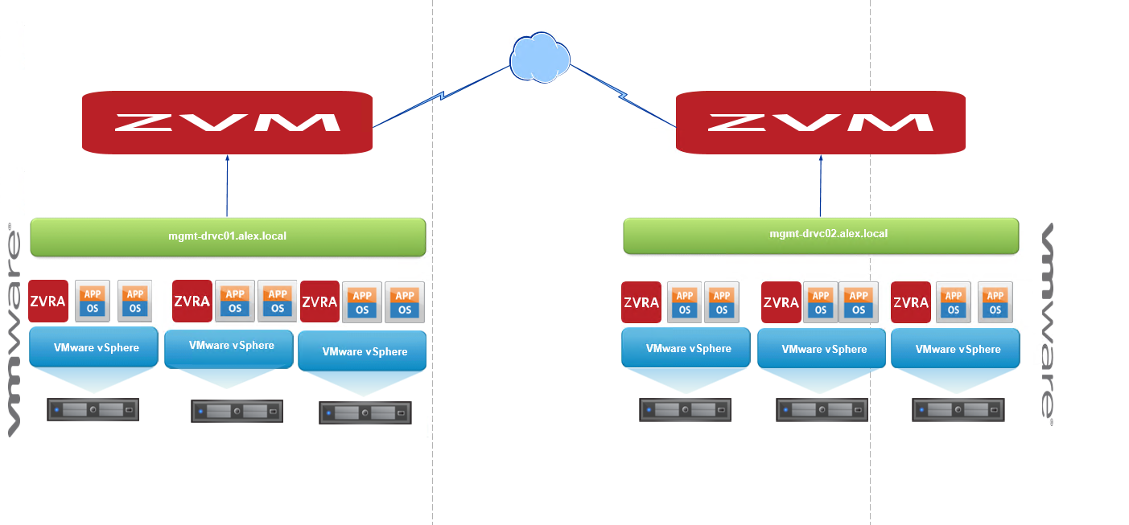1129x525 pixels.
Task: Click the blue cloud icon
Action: pos(540,58)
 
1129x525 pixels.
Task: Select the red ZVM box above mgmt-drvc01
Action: pos(227,121)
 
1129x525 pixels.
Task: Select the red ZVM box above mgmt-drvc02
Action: pos(820,121)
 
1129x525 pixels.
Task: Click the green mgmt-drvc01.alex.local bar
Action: pos(227,236)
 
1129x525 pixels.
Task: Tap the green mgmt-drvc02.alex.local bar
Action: pos(820,235)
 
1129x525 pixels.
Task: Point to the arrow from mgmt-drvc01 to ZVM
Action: pos(227,185)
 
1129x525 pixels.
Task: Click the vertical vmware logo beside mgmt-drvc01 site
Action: pos(14,330)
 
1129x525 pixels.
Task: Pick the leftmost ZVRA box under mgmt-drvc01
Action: pos(48,301)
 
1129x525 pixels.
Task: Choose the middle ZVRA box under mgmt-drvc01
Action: pos(192,301)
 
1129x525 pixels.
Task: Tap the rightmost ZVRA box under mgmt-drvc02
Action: pos(911,302)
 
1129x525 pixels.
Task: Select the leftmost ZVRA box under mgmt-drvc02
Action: pos(641,302)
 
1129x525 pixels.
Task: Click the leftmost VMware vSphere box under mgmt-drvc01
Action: pos(93,348)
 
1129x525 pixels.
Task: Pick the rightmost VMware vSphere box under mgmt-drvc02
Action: pos(955,349)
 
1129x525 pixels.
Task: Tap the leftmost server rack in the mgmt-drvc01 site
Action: pos(93,410)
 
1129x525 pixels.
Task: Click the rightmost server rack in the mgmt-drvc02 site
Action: pos(958,410)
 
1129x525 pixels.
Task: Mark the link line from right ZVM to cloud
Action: pos(624,97)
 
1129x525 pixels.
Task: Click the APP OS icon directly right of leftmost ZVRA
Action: pos(92,301)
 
